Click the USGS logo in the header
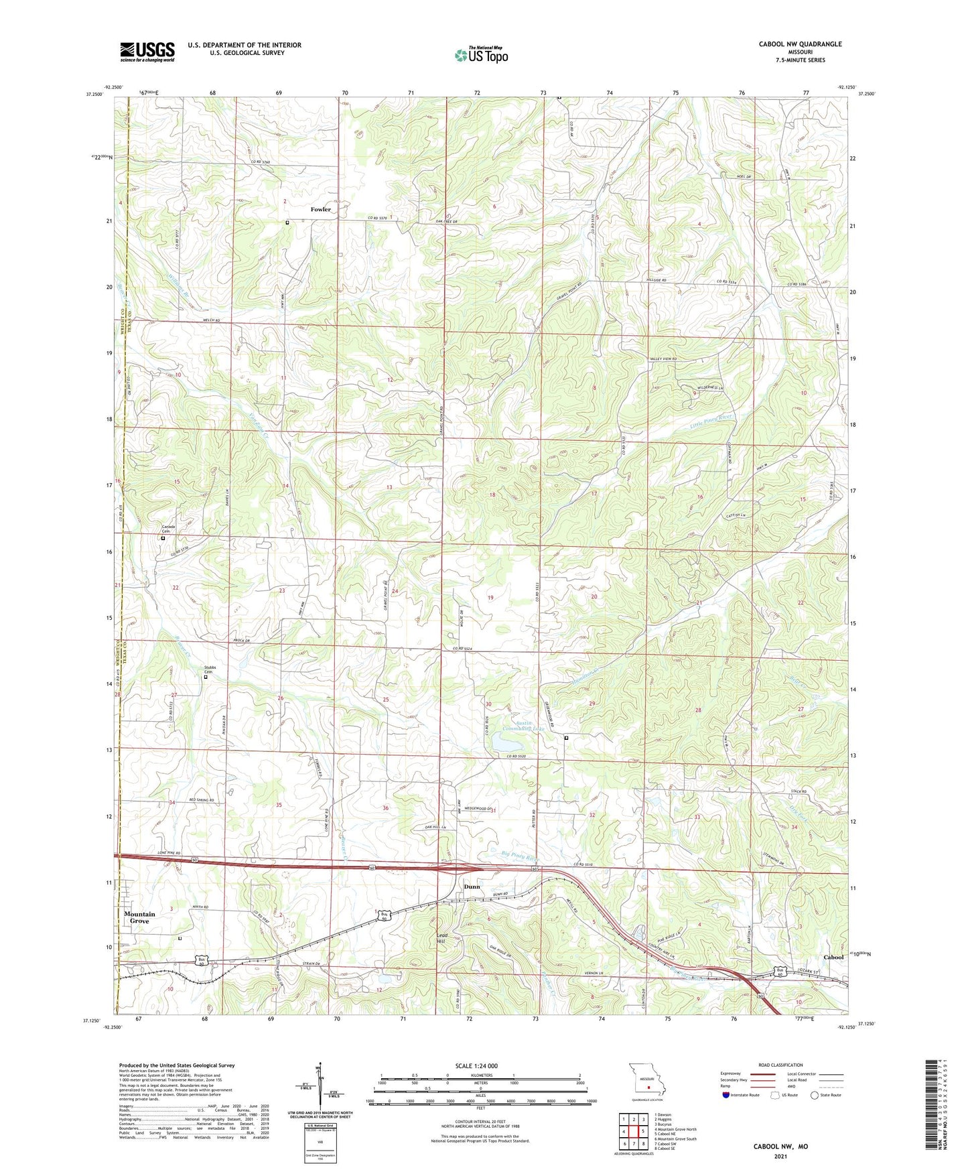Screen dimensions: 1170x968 tap(147, 52)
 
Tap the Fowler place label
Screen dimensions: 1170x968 tap(320, 210)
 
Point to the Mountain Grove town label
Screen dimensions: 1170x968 tap(139, 917)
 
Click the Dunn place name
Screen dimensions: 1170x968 tap(472, 887)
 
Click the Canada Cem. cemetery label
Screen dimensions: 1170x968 tap(167, 529)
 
